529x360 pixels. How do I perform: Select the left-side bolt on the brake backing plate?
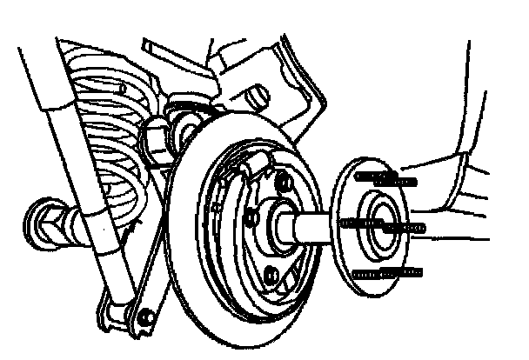point(251,213)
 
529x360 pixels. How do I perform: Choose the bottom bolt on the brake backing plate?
point(271,276)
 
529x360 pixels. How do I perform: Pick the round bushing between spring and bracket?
point(186,130)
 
